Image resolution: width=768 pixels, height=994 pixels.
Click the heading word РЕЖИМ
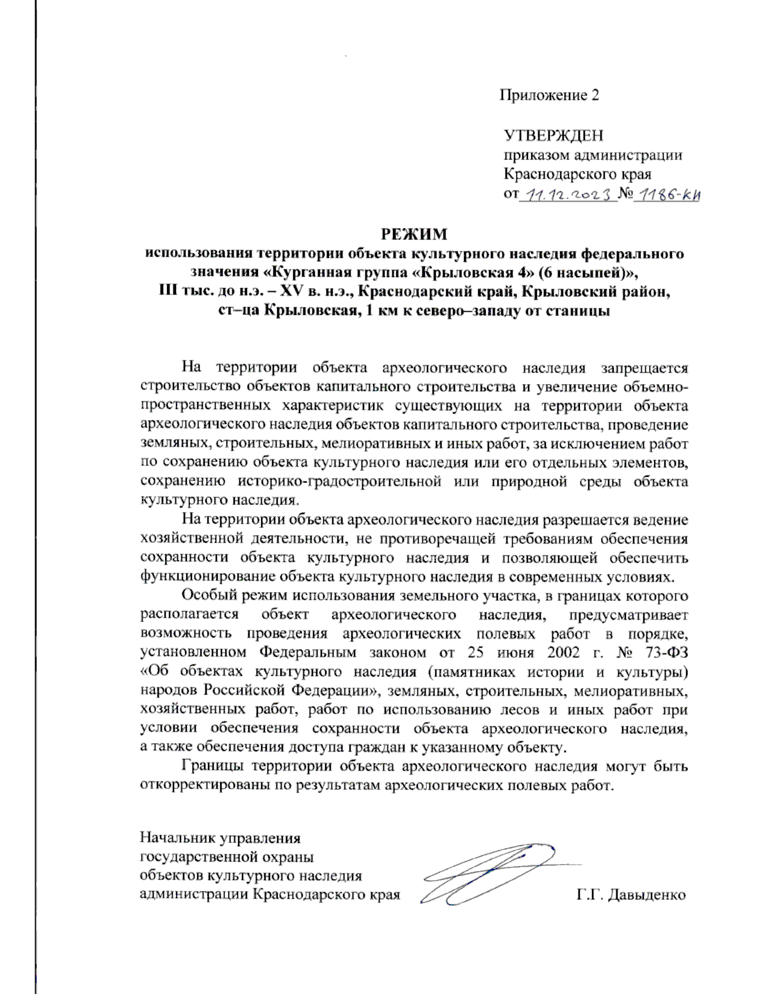[414, 234]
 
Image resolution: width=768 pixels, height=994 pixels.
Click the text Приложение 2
[549, 95]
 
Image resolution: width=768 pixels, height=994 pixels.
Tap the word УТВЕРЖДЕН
[553, 136]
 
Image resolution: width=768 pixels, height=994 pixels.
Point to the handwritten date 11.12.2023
[567, 194]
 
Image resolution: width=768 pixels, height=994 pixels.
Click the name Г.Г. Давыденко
[630, 894]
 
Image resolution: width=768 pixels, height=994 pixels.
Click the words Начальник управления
[220, 838]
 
